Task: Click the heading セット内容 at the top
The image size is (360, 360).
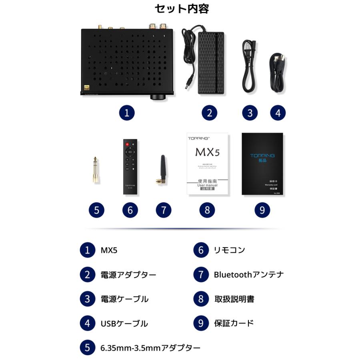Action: point(181,9)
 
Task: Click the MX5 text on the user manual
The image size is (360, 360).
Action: point(207,152)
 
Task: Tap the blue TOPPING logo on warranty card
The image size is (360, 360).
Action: point(262,156)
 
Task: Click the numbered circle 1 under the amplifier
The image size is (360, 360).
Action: point(126,113)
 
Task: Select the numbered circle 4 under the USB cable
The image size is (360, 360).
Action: point(278,113)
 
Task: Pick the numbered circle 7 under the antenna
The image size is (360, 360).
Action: point(163,210)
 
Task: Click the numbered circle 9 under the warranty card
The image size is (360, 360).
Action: point(262,210)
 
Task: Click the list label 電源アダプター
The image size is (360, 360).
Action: point(128,275)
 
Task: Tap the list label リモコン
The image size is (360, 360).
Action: point(229,250)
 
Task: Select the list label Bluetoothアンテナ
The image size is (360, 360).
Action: point(248,275)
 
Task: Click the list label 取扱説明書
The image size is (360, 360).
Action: point(234,299)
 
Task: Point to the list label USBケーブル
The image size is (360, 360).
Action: point(124,324)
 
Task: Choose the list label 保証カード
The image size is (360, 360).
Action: point(234,323)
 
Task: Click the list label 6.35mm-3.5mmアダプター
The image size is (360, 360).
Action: point(150,348)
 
